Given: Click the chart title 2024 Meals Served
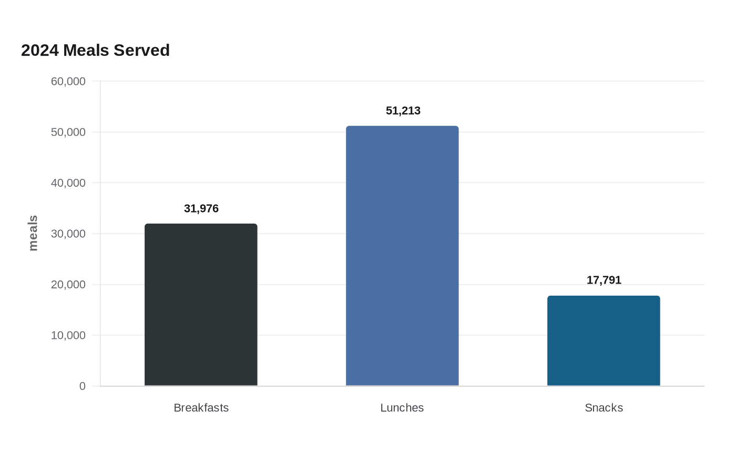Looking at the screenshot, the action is [95, 51].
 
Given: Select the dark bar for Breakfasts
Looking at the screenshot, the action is [201, 305].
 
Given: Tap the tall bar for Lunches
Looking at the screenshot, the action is [402, 256].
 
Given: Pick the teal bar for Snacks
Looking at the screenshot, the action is [604, 341].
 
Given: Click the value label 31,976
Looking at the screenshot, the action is [201, 208].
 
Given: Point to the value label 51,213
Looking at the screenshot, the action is [403, 110].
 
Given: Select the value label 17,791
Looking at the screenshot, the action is [604, 280].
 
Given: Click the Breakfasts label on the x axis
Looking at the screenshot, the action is [201, 408].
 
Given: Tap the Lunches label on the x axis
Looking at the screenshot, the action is [402, 408].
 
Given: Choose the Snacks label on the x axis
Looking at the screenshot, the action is [604, 408].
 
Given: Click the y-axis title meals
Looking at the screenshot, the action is [33, 233].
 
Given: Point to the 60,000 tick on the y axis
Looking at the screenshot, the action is [68, 81].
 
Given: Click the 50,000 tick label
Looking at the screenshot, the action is [68, 132].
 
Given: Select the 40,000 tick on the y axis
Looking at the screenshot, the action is [68, 183].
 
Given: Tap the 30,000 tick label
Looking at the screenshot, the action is [68, 234].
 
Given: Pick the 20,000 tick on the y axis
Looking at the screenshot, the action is [68, 285].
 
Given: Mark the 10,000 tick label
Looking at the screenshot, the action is [68, 336].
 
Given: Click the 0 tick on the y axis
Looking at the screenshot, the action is [82, 386].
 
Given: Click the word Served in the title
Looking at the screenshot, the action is [141, 51].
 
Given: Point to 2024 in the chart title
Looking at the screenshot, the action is [40, 51].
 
